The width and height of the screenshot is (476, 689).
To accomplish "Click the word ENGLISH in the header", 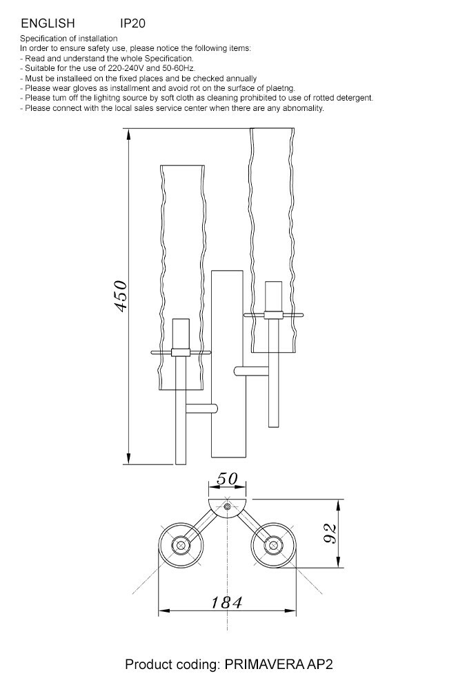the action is point(48,23).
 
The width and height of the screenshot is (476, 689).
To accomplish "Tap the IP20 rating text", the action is point(132,23).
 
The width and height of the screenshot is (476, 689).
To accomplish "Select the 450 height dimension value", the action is point(120,296).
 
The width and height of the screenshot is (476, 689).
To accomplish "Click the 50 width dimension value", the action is point(227,479).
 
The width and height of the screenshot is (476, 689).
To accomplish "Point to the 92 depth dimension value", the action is point(330,533).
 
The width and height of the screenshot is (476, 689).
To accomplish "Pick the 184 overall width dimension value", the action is point(226,602).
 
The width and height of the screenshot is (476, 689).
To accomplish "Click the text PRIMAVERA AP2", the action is point(279,664).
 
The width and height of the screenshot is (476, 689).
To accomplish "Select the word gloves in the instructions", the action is point(85,88).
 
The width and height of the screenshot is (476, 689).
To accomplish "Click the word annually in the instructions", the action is point(241,79).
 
